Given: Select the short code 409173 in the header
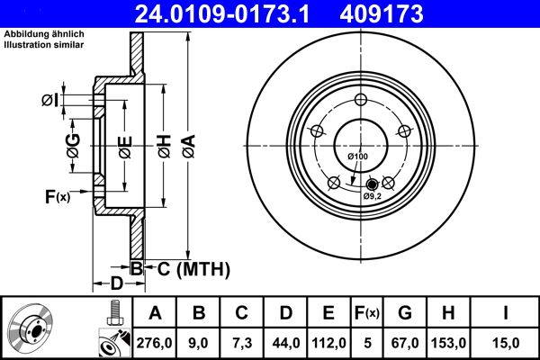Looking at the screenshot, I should pos(404,13).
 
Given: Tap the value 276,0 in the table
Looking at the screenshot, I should pos(155,342).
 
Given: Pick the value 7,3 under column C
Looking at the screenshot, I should pos(242,342).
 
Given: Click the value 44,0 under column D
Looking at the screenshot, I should pos(285,342).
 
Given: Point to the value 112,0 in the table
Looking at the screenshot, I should pos(328,342).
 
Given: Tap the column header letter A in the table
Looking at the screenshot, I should pos(155,313).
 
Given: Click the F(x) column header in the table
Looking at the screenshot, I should pos(367,313).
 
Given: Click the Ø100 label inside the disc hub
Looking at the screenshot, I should pos(357,158).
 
